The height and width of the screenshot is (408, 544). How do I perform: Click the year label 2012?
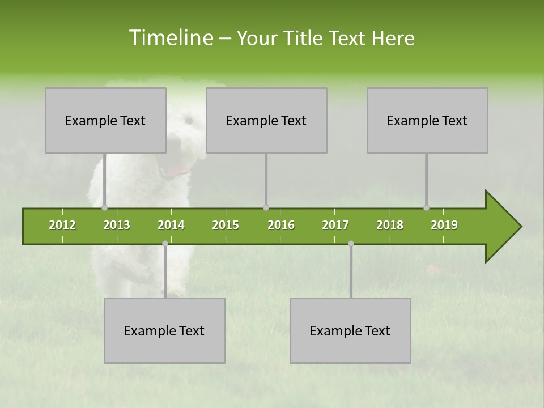tap(62, 225)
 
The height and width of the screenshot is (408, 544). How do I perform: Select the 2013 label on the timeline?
tap(117, 225)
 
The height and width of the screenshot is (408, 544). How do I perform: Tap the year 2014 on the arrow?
tap(171, 225)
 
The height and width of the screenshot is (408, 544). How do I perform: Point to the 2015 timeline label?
tap(226, 225)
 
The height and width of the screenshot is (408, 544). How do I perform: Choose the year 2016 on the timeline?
tap(281, 225)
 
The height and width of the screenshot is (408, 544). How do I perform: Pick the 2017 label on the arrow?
tap(335, 225)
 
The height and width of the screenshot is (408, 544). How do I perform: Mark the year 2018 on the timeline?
tap(390, 225)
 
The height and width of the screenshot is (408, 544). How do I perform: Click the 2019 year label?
tap(444, 225)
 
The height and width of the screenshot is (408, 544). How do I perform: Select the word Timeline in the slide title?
tap(171, 38)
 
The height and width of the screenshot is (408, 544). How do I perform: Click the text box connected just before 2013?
tap(105, 120)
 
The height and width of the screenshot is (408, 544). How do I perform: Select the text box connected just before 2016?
tap(266, 120)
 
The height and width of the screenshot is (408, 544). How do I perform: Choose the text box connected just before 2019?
tap(427, 120)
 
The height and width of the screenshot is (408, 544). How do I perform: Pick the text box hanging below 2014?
tap(164, 330)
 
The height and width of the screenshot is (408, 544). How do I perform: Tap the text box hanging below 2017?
tap(350, 330)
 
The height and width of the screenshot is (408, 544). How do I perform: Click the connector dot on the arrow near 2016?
tap(266, 208)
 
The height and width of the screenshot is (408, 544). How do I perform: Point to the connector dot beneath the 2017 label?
tap(351, 244)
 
